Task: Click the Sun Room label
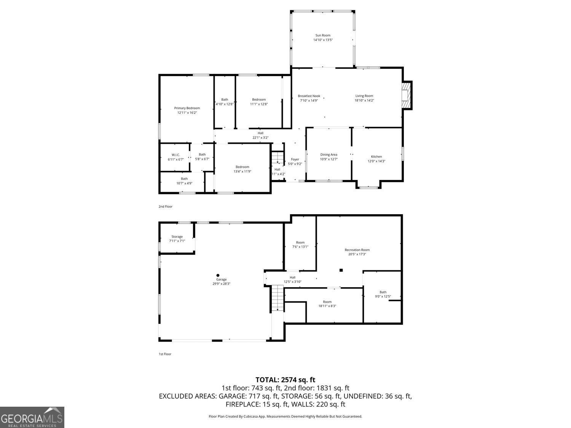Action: (323, 35)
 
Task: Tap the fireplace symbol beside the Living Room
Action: (406, 95)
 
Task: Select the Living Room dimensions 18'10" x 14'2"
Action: (364, 100)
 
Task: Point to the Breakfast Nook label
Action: (309, 96)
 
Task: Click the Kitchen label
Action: (376, 156)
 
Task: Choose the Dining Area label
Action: (329, 154)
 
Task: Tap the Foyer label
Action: (295, 159)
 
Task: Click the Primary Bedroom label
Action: (187, 108)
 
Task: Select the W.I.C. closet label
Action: (175, 155)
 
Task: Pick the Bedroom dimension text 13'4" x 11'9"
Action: (242, 172)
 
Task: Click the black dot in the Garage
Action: (218, 275)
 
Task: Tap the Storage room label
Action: (177, 237)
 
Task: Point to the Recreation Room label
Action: (357, 250)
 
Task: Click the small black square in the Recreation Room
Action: (341, 270)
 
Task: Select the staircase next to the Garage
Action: (278, 298)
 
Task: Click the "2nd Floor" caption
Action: (166, 207)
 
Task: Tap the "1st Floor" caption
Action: (165, 354)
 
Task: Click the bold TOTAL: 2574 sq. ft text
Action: (285, 380)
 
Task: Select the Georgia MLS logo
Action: (32, 417)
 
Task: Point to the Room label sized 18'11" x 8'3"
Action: (327, 302)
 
